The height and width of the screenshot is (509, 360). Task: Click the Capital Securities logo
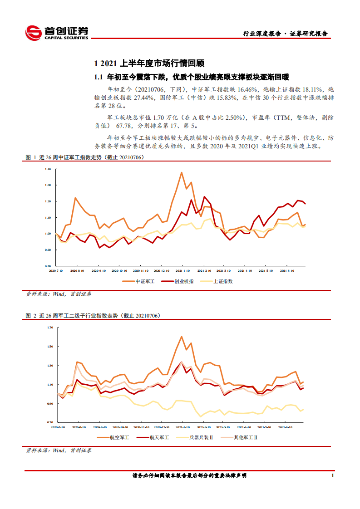(x=56, y=32)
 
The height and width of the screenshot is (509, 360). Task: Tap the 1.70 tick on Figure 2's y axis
(x=50, y=327)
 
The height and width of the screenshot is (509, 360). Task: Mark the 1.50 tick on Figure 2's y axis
(x=50, y=346)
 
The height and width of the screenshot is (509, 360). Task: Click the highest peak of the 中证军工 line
(x=182, y=172)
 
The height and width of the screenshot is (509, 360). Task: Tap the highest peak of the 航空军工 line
(x=182, y=337)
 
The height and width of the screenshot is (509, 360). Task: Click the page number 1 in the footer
(x=333, y=475)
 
